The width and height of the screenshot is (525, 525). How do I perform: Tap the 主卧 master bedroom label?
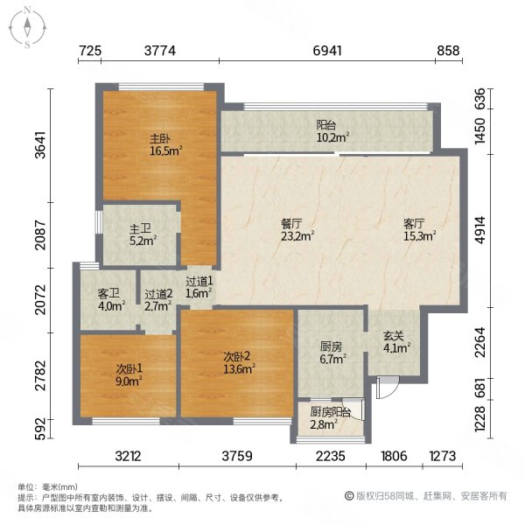pos(158,137)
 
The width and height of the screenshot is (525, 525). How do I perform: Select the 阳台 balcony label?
pos(327,124)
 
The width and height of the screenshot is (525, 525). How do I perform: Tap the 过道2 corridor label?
pos(157,295)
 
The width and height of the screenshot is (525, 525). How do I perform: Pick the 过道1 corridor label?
pos(199,282)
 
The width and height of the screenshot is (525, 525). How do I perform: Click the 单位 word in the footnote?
pos(26,486)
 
